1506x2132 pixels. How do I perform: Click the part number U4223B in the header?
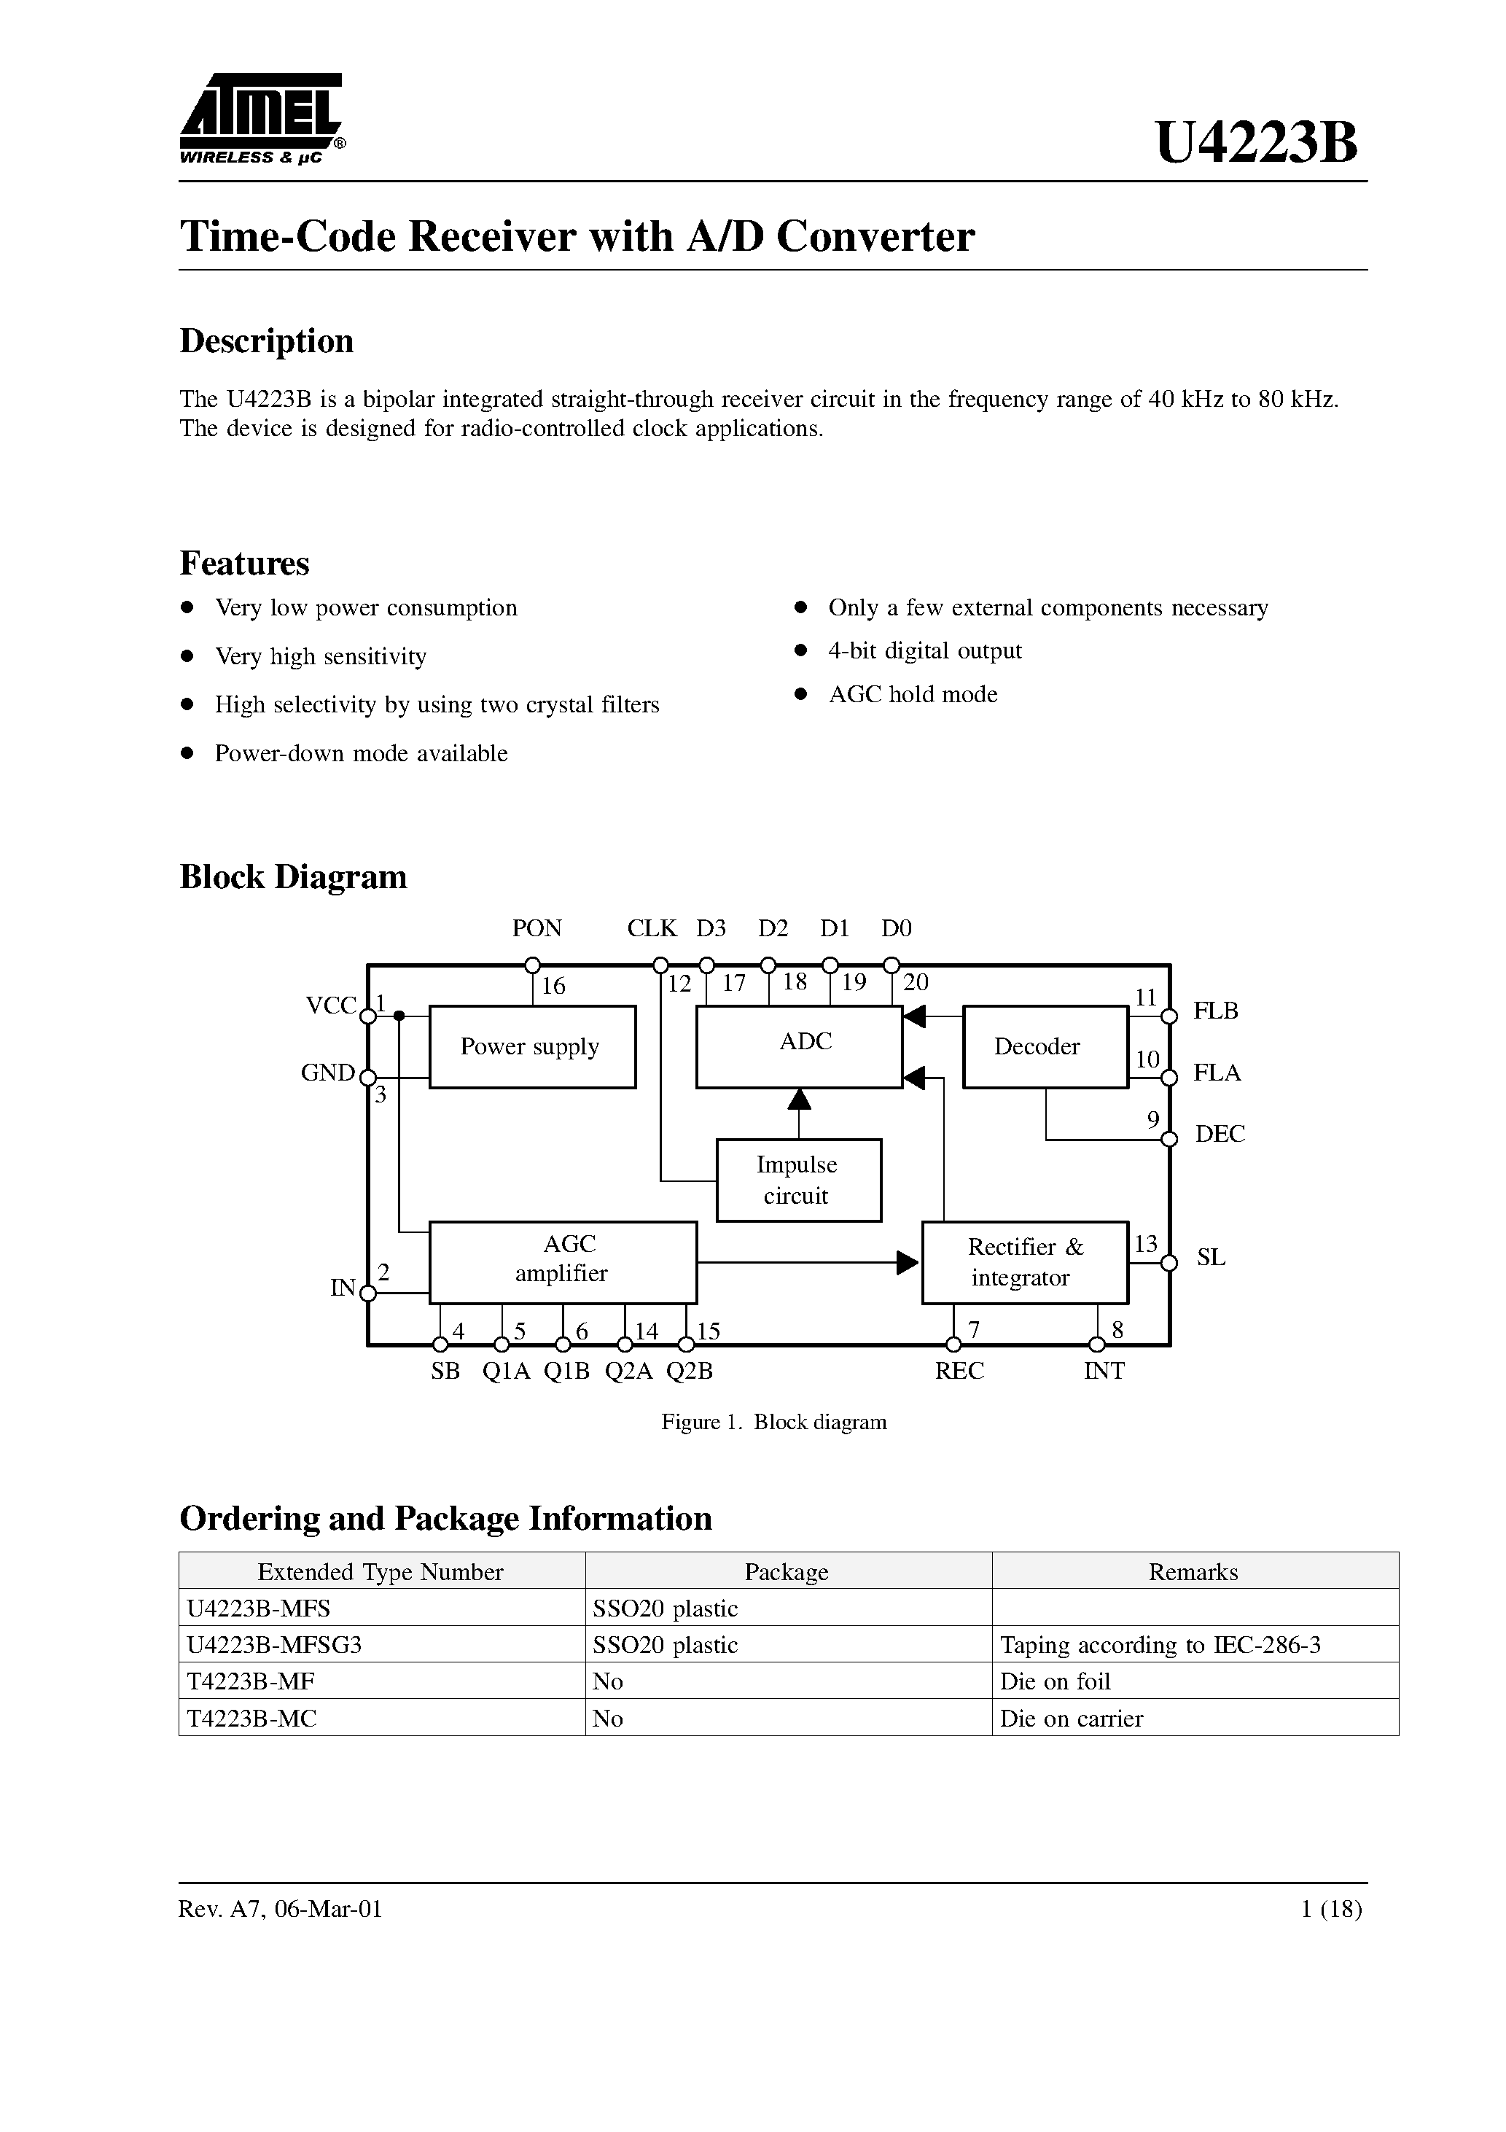1255,144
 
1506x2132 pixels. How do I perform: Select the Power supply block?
532,1046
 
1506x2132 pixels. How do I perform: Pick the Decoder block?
1045,1046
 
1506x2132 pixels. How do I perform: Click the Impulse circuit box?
798,1180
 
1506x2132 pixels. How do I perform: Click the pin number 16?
553,986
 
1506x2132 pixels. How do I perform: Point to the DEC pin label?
1219,1134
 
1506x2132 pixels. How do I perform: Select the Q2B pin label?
690,1372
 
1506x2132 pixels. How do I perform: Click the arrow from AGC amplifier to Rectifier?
905,1262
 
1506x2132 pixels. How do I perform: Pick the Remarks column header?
1193,1572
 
